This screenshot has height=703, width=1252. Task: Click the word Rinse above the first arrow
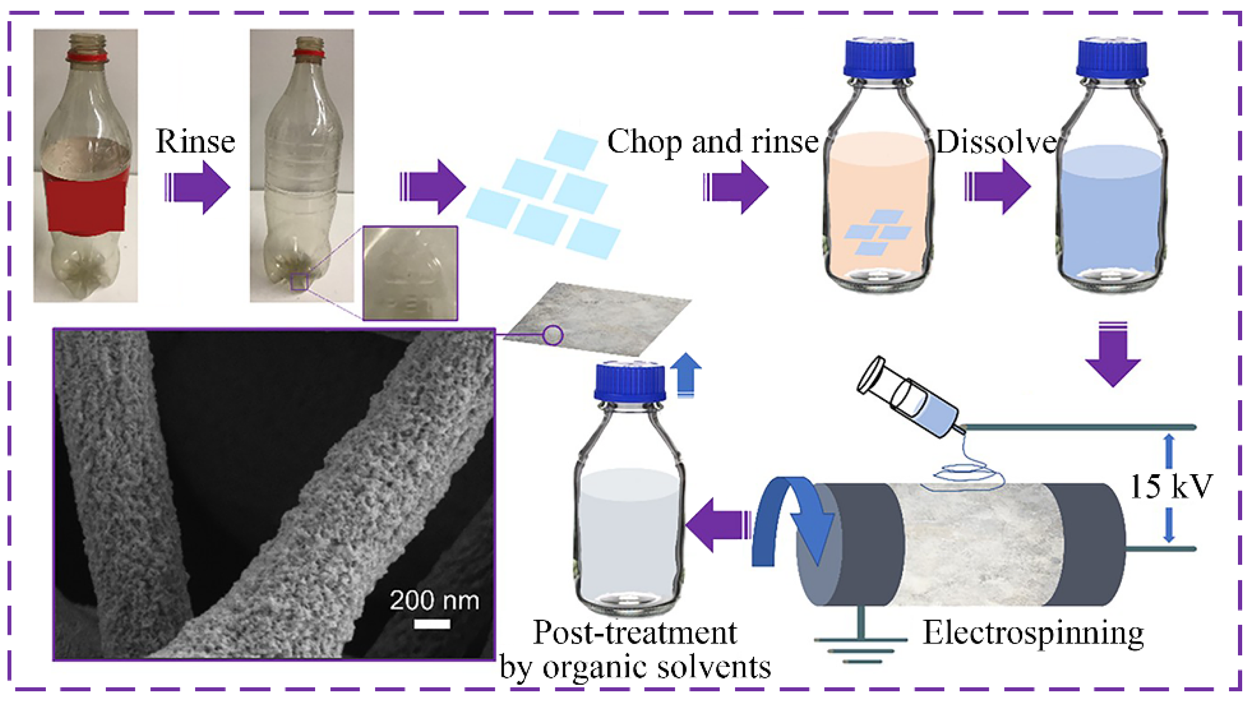click(x=195, y=142)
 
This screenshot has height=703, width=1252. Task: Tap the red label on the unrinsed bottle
click(x=86, y=199)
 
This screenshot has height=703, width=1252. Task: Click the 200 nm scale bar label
click(x=434, y=600)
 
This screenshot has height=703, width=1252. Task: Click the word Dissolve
click(x=996, y=142)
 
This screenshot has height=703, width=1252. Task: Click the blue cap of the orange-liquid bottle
click(x=880, y=59)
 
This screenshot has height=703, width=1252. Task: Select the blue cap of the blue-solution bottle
click(x=1112, y=59)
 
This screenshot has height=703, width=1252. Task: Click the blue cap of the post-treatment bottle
click(x=630, y=382)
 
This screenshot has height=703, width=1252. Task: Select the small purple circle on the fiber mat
click(x=552, y=335)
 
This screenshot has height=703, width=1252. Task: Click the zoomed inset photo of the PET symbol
click(x=410, y=273)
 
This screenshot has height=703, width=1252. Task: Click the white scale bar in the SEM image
click(x=432, y=624)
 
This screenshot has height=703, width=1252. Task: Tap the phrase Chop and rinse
click(x=713, y=142)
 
